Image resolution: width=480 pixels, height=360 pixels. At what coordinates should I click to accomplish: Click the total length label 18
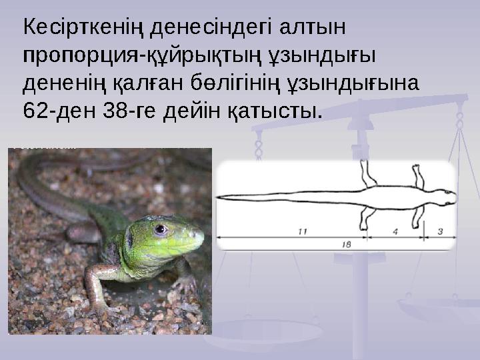tap(346, 244)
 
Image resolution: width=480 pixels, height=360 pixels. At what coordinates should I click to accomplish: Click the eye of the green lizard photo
tap(160, 230)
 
